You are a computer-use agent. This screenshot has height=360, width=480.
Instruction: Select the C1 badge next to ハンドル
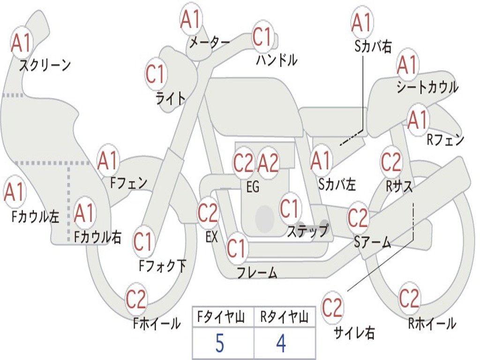262,37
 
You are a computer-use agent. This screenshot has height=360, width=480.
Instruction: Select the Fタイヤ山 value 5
220,344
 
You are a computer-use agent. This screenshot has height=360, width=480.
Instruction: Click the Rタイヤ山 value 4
281,344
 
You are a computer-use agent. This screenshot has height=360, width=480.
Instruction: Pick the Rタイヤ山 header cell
284,318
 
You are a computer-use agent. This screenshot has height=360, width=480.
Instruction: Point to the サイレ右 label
354,333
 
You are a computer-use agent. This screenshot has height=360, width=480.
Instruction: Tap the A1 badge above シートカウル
407,65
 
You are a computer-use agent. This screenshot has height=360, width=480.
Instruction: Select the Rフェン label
445,140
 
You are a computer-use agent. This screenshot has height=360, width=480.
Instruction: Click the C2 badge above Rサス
391,162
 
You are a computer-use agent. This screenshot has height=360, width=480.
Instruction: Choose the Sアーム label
373,242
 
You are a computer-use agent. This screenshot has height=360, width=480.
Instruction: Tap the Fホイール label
157,323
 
